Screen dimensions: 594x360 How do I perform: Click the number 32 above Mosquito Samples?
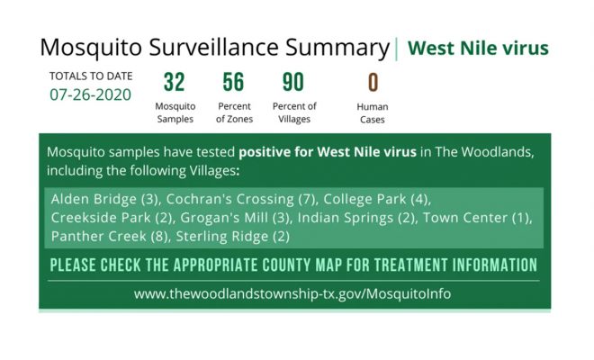click(175, 82)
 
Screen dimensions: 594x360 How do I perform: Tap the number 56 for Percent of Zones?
click(233, 82)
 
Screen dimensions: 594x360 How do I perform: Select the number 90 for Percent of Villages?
click(293, 82)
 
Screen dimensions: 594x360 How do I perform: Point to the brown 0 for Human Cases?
click(373, 82)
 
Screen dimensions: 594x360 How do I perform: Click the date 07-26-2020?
click(91, 94)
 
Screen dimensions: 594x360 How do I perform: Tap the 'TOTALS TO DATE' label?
click(91, 76)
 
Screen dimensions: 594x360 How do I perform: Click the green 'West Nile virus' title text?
click(478, 48)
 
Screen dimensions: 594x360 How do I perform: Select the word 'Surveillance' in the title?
click(213, 48)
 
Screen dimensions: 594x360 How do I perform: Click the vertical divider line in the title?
click(396, 49)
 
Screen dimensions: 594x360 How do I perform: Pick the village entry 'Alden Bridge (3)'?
click(105, 199)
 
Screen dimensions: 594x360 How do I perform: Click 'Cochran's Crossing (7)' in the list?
click(241, 199)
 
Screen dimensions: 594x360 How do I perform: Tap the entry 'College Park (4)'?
click(376, 199)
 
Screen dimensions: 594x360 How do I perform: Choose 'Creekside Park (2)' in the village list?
click(112, 218)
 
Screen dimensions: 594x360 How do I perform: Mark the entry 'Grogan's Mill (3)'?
click(235, 218)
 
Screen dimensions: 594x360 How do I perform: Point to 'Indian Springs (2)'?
click(356, 218)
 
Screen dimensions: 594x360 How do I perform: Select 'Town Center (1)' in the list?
click(477, 218)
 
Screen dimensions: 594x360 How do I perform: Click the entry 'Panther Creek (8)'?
click(110, 236)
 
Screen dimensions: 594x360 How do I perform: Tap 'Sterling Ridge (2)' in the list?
click(232, 236)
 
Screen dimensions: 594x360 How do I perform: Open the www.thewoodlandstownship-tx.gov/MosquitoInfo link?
click(292, 293)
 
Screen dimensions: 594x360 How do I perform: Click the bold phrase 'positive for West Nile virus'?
click(328, 152)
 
